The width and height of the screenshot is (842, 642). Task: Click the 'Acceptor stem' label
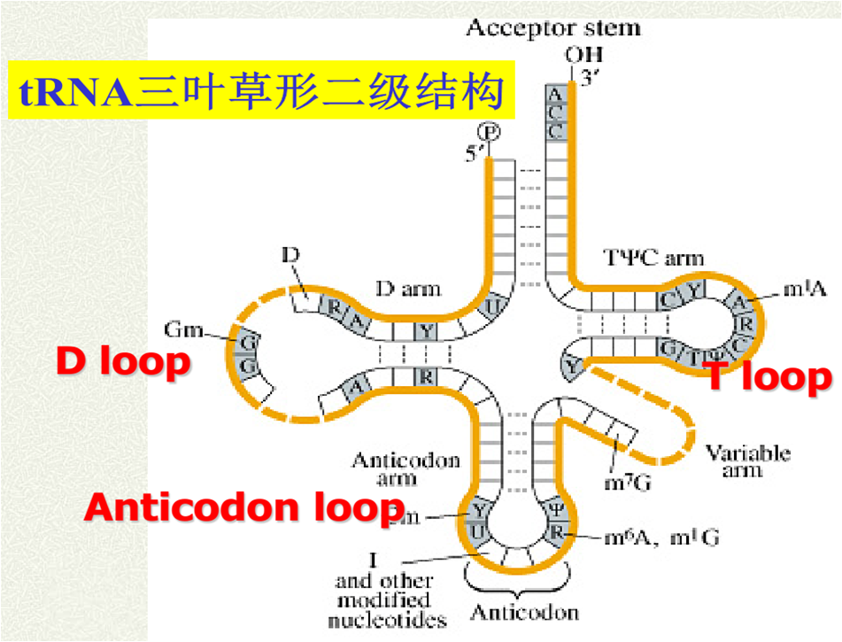(x=552, y=27)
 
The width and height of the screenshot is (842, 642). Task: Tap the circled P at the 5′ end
(x=491, y=132)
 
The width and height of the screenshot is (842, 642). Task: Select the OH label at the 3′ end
(x=577, y=56)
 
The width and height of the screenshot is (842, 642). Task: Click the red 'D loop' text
(x=123, y=362)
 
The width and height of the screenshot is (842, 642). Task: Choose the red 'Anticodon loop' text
(x=244, y=508)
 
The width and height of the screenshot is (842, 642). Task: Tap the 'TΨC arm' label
(x=654, y=258)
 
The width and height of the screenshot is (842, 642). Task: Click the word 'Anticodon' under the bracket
(x=524, y=613)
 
